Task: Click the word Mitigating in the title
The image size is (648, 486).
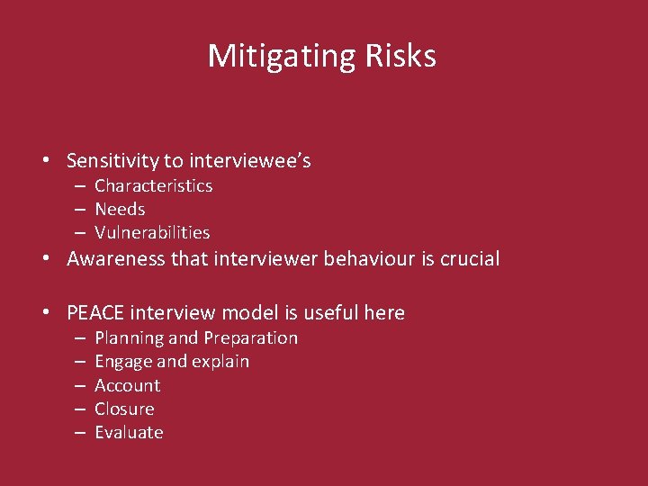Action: (269, 57)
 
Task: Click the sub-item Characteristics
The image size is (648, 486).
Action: (153, 185)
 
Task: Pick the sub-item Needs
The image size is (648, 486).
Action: (120, 209)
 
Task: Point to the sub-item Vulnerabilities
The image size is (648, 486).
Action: (152, 232)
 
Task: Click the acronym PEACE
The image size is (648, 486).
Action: (95, 313)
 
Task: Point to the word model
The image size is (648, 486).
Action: (232, 313)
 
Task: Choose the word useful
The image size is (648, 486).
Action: (325, 313)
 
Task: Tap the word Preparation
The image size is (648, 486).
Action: (250, 338)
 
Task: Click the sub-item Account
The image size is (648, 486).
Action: (127, 385)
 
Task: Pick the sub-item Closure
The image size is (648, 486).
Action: (124, 409)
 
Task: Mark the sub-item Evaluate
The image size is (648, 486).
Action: (129, 432)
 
